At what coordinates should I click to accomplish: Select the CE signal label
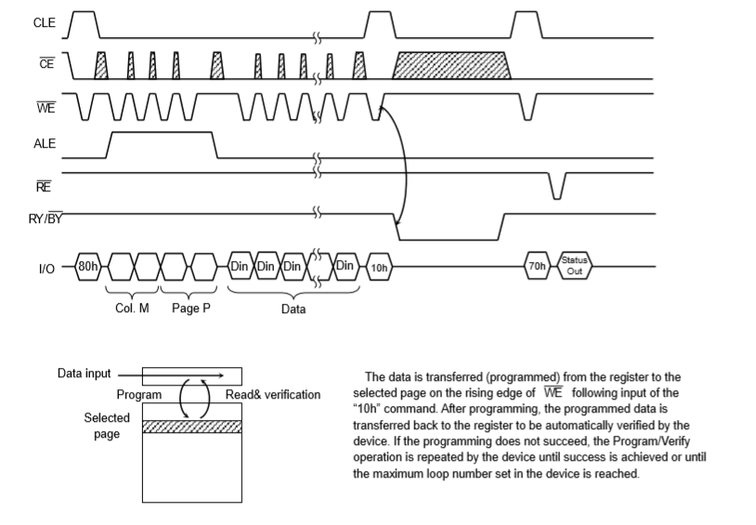pyautogui.click(x=46, y=67)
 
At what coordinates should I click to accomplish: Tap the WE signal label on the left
pyautogui.click(x=45, y=107)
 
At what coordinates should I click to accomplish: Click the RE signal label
pyautogui.click(x=43, y=186)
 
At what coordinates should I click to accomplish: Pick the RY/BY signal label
pyautogui.click(x=46, y=220)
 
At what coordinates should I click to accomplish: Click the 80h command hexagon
pyautogui.click(x=88, y=268)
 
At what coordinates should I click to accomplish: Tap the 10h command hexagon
pyautogui.click(x=379, y=268)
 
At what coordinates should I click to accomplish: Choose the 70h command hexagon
pyautogui.click(x=537, y=268)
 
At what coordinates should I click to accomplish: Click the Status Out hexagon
pyautogui.click(x=575, y=268)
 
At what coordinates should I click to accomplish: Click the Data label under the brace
pyautogui.click(x=293, y=309)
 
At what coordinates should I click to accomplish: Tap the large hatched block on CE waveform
pyautogui.click(x=452, y=67)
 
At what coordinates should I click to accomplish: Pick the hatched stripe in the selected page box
pyautogui.click(x=191, y=427)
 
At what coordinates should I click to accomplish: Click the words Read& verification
pyautogui.click(x=273, y=395)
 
